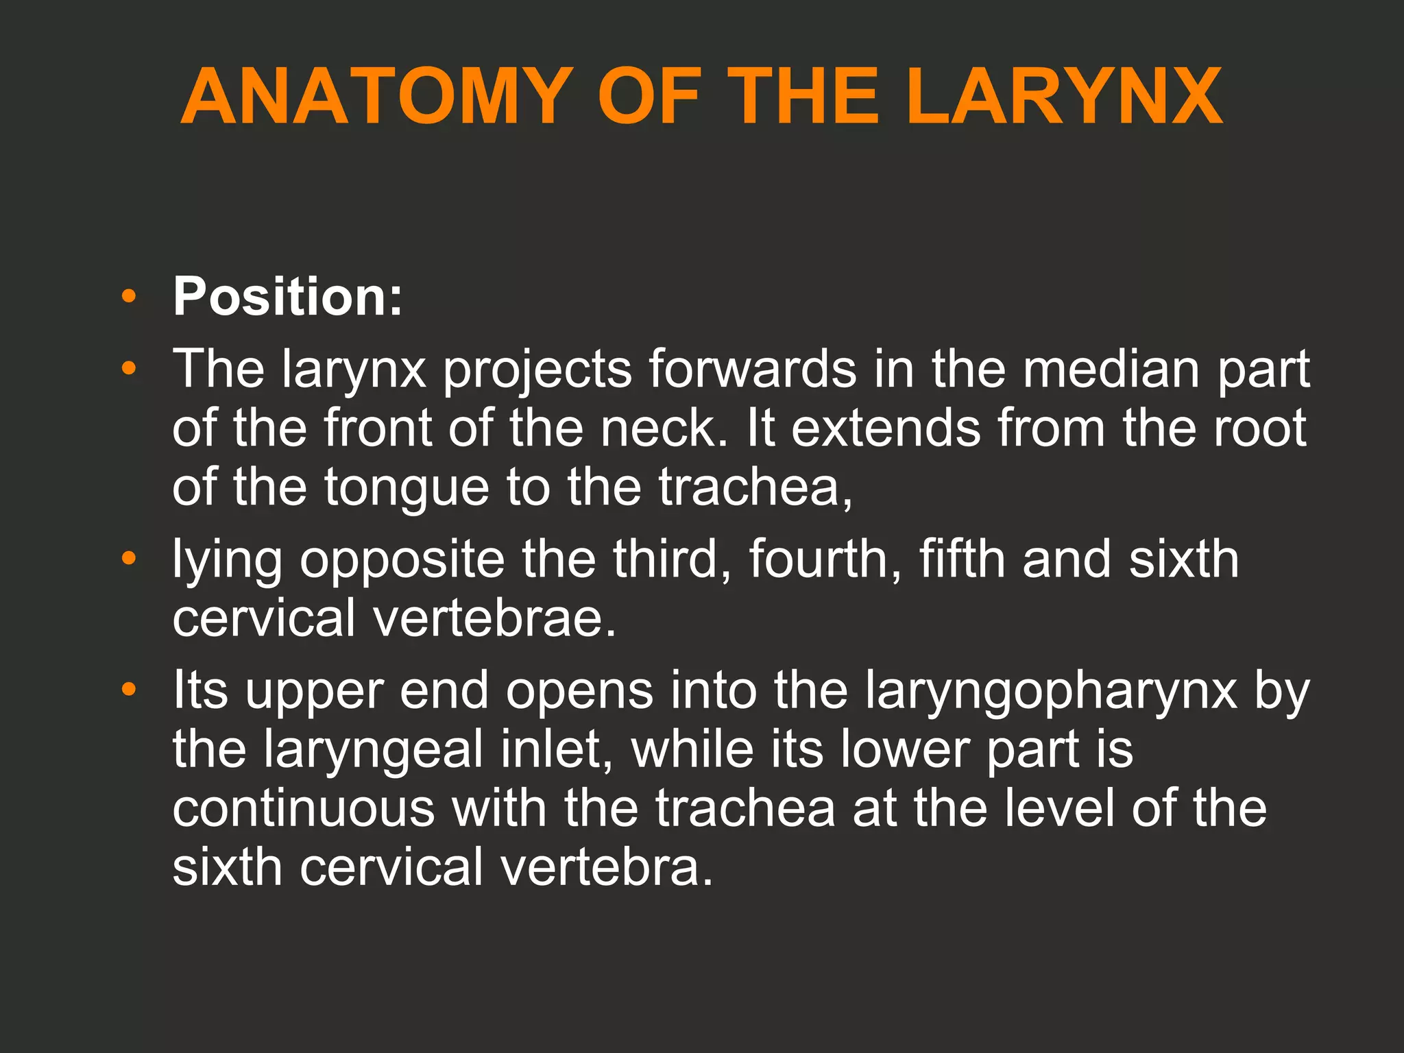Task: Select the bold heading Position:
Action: click(287, 297)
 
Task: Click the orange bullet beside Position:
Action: click(128, 297)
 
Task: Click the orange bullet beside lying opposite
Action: click(128, 559)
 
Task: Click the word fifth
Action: click(961, 559)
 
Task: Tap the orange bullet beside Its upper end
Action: click(128, 689)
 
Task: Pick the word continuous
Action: click(304, 808)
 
